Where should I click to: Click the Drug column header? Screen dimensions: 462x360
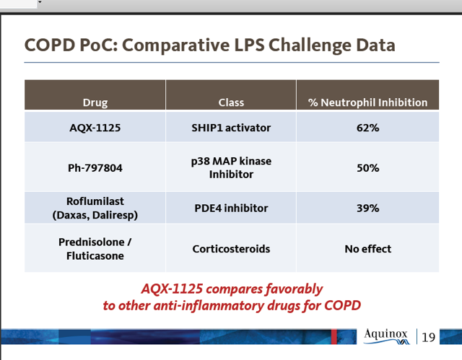coord(95,102)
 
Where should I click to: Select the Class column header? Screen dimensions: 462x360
coord(231,102)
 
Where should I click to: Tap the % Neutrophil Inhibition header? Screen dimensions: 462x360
coord(367,102)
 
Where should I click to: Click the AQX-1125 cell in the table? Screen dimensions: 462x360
coord(95,128)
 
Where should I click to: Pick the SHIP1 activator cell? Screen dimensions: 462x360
coord(231,128)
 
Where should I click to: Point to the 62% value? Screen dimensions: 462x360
coord(367,128)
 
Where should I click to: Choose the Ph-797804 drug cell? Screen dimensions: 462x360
coord(95,168)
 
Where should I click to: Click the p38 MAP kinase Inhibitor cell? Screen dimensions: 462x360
coord(231,167)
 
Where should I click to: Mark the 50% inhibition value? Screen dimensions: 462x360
coord(367,168)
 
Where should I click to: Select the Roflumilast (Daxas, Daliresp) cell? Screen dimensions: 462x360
coord(95,208)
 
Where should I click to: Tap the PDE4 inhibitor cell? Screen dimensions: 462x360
coord(231,208)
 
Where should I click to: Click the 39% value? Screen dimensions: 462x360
coord(367,208)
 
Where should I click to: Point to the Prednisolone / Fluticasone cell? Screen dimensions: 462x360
coord(95,249)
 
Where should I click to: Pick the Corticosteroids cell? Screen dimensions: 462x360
coord(231,249)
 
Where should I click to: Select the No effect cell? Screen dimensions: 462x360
coord(367,249)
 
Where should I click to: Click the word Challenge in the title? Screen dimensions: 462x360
coord(310,45)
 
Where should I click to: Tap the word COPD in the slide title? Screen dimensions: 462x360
coord(50,45)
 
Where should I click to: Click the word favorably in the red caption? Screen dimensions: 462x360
coord(294,289)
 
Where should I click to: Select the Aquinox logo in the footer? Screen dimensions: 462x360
coord(386,336)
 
